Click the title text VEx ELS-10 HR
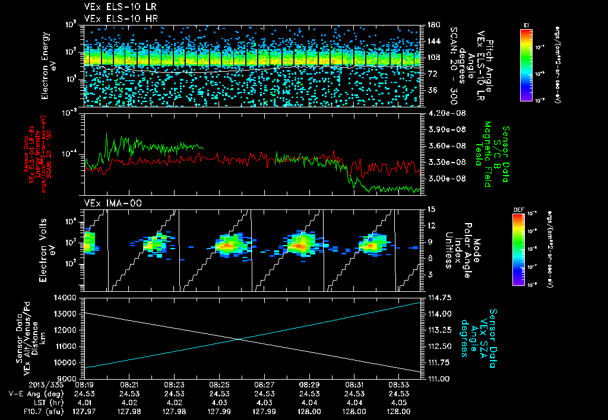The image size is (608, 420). pyautogui.click(x=115, y=18)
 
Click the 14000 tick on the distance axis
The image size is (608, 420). pyautogui.click(x=66, y=297)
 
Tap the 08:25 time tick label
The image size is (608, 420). pyautogui.click(x=219, y=385)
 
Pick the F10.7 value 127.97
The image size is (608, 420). pyautogui.click(x=84, y=411)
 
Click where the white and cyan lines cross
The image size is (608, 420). pyautogui.click(x=239, y=339)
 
